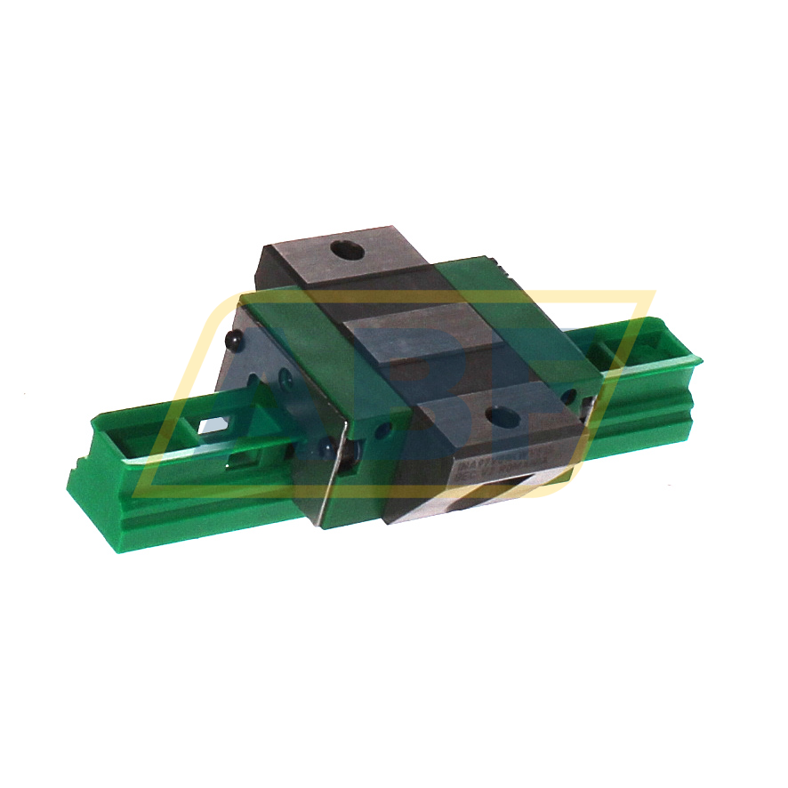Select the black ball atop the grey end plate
235,341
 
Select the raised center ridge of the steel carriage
418,333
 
